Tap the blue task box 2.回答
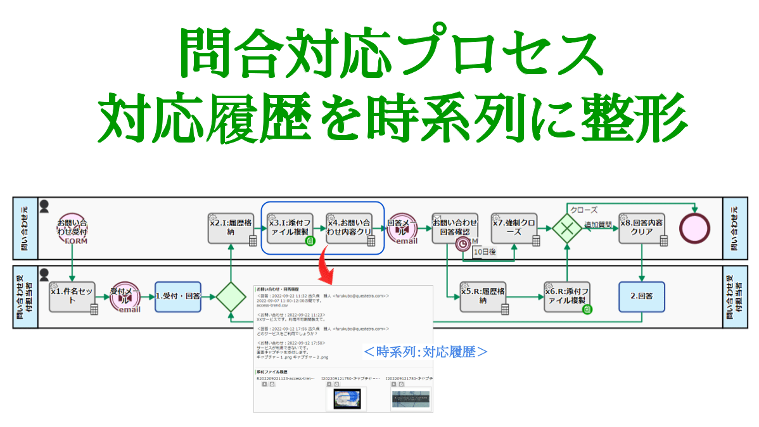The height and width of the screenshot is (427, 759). click(x=642, y=296)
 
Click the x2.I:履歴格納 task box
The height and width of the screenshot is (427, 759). click(x=232, y=228)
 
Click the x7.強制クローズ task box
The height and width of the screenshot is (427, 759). click(x=514, y=228)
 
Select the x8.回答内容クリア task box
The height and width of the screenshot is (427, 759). click(x=642, y=228)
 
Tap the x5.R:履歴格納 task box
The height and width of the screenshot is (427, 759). click(x=483, y=297)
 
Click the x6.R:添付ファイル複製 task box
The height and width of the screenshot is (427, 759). click(x=568, y=297)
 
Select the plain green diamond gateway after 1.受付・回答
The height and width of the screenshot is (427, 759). click(x=231, y=297)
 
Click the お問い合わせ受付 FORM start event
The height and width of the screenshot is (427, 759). click(x=72, y=228)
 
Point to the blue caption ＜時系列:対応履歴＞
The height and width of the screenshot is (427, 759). click(x=425, y=351)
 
